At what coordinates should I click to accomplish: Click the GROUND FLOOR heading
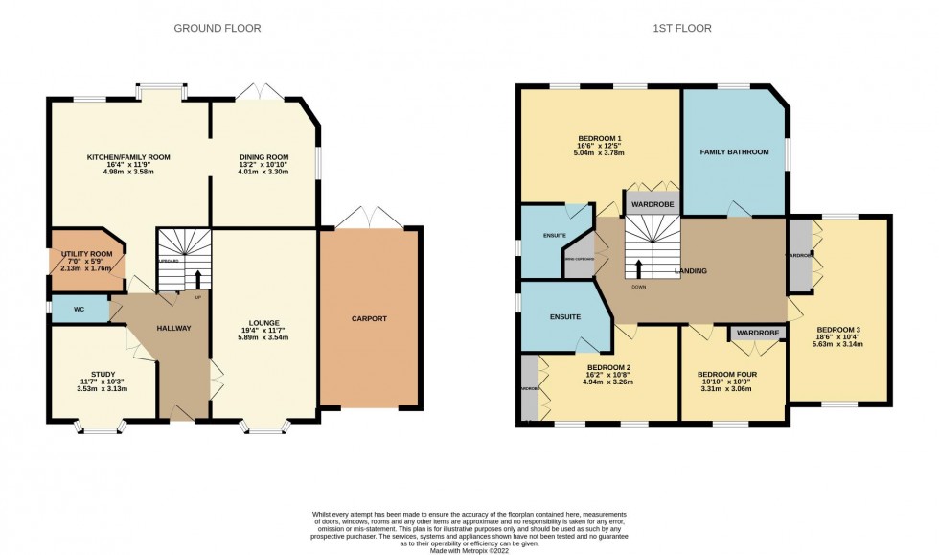pyautogui.click(x=217, y=28)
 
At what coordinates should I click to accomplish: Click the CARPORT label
pyautogui.click(x=369, y=318)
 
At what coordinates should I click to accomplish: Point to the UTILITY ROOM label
pyautogui.click(x=87, y=254)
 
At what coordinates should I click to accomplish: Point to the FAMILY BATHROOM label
pyautogui.click(x=734, y=151)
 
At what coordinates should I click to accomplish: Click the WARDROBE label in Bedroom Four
pyautogui.click(x=757, y=334)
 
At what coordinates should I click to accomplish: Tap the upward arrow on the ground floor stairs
pyautogui.click(x=198, y=278)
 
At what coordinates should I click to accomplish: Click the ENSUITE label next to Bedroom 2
pyautogui.click(x=565, y=317)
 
